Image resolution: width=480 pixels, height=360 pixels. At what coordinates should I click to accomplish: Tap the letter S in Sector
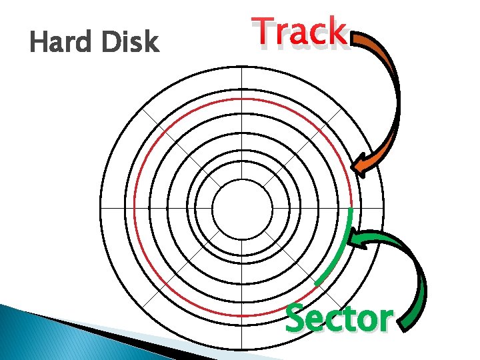(x=295, y=319)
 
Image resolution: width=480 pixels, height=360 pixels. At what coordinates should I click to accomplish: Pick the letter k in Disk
(x=151, y=43)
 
